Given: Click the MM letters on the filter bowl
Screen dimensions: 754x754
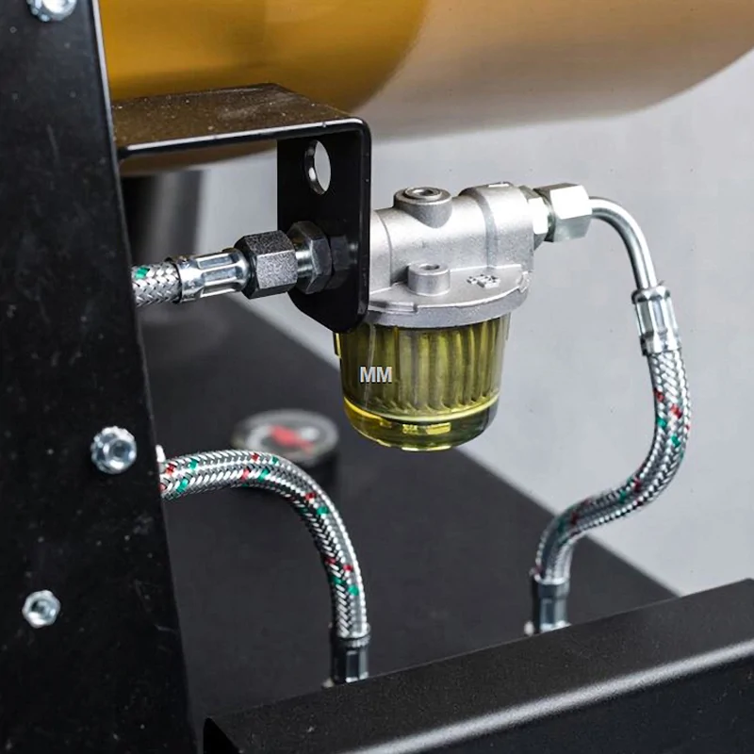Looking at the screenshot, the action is tap(376, 374).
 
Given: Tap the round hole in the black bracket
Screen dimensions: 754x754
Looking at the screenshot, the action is tap(318, 167).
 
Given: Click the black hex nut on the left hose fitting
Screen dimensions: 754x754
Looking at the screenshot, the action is tap(266, 264).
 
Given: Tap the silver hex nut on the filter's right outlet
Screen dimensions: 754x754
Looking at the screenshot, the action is tap(564, 210).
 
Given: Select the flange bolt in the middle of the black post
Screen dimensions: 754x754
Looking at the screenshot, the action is tap(113, 451).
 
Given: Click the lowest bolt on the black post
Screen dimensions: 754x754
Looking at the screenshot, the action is tap(41, 609).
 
